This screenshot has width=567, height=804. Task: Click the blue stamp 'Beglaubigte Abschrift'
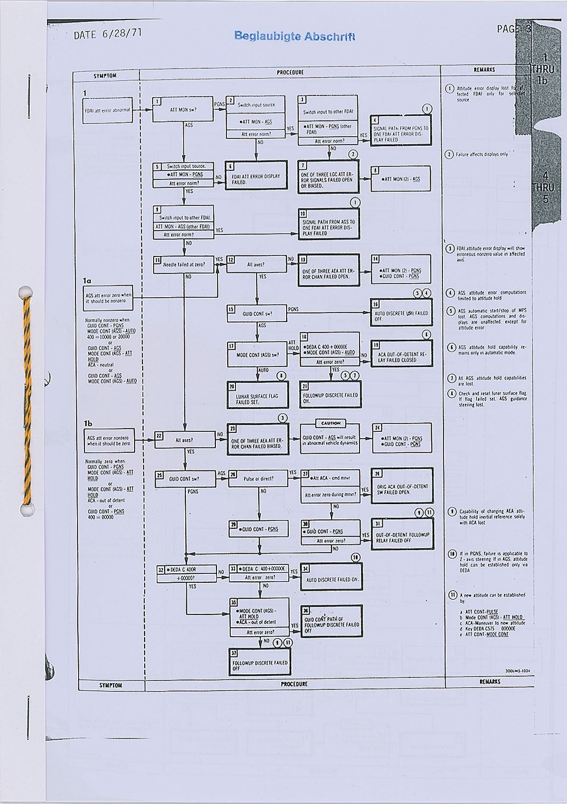(x=294, y=36)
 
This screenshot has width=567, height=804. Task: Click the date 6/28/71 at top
(x=108, y=34)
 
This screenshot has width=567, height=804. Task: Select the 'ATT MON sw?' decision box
(x=183, y=110)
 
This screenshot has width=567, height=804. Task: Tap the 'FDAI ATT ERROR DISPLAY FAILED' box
(x=256, y=179)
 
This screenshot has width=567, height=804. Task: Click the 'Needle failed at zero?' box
(x=184, y=264)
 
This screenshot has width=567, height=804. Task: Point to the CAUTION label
(x=330, y=423)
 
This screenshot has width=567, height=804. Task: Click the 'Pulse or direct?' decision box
(x=258, y=479)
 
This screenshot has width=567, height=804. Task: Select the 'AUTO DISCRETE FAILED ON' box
(x=332, y=579)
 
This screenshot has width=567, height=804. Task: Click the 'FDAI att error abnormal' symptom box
(x=108, y=110)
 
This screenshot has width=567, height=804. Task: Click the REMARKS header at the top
(x=484, y=69)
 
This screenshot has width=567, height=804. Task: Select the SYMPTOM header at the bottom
(x=111, y=685)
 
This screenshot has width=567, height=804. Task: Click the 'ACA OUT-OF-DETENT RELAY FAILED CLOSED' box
(x=401, y=357)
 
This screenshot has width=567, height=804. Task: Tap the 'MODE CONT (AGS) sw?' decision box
(x=258, y=354)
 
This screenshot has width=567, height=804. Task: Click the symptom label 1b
(x=88, y=423)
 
